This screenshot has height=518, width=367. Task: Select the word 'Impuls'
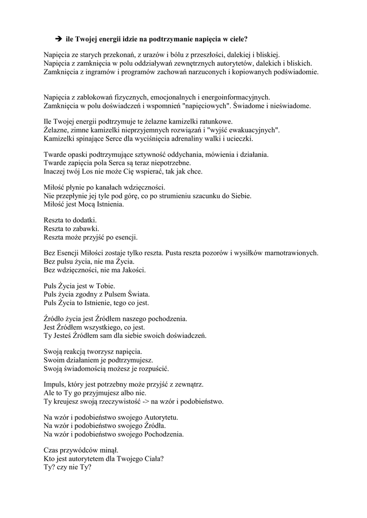coord(54,384)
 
